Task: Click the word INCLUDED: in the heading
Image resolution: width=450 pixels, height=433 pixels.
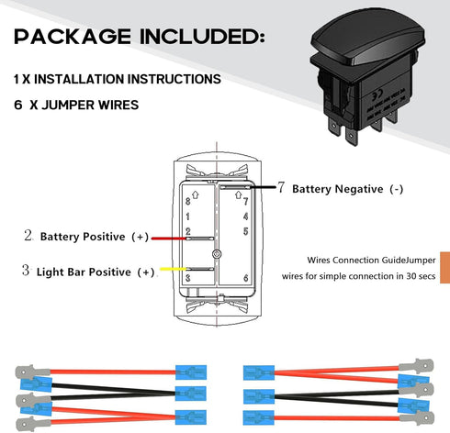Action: (x=204, y=38)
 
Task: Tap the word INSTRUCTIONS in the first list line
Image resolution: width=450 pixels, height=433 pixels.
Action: (x=166, y=79)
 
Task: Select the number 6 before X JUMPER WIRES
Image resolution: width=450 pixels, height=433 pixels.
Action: (x=18, y=105)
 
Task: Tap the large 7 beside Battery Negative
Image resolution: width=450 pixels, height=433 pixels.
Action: (x=281, y=188)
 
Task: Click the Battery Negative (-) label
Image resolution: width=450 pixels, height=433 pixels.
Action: (x=347, y=189)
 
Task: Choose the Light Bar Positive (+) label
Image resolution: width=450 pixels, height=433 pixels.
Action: (x=96, y=272)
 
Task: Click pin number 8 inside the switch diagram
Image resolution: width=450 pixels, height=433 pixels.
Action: (x=188, y=200)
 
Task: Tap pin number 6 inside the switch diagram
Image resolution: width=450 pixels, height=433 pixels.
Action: (x=244, y=278)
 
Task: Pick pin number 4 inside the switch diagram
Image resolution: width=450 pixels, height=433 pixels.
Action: (x=244, y=216)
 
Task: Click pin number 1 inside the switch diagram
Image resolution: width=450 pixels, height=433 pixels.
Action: (x=188, y=215)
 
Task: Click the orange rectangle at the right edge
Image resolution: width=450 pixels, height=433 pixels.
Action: (x=444, y=266)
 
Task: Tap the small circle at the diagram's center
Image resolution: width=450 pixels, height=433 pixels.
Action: (x=216, y=253)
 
